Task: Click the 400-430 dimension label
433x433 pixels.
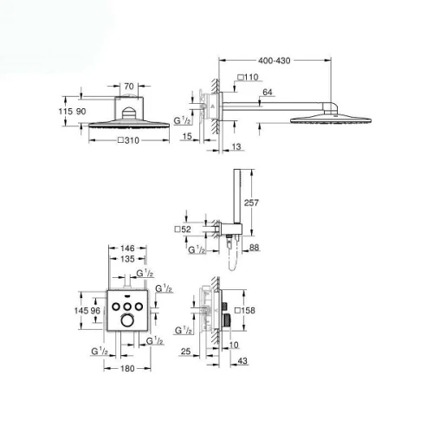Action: [x=275, y=61]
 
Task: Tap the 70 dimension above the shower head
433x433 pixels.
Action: [x=129, y=86]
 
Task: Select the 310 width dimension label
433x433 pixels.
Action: [x=129, y=140]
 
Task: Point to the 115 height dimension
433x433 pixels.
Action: [x=64, y=111]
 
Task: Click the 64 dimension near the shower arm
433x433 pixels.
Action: [x=268, y=92]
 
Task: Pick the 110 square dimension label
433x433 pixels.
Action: [x=248, y=77]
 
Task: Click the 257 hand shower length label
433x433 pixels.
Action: [x=251, y=203]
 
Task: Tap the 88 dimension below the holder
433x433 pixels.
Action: [x=254, y=248]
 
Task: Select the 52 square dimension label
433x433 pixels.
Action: [x=183, y=229]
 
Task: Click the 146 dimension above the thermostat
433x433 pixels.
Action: [x=127, y=248]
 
